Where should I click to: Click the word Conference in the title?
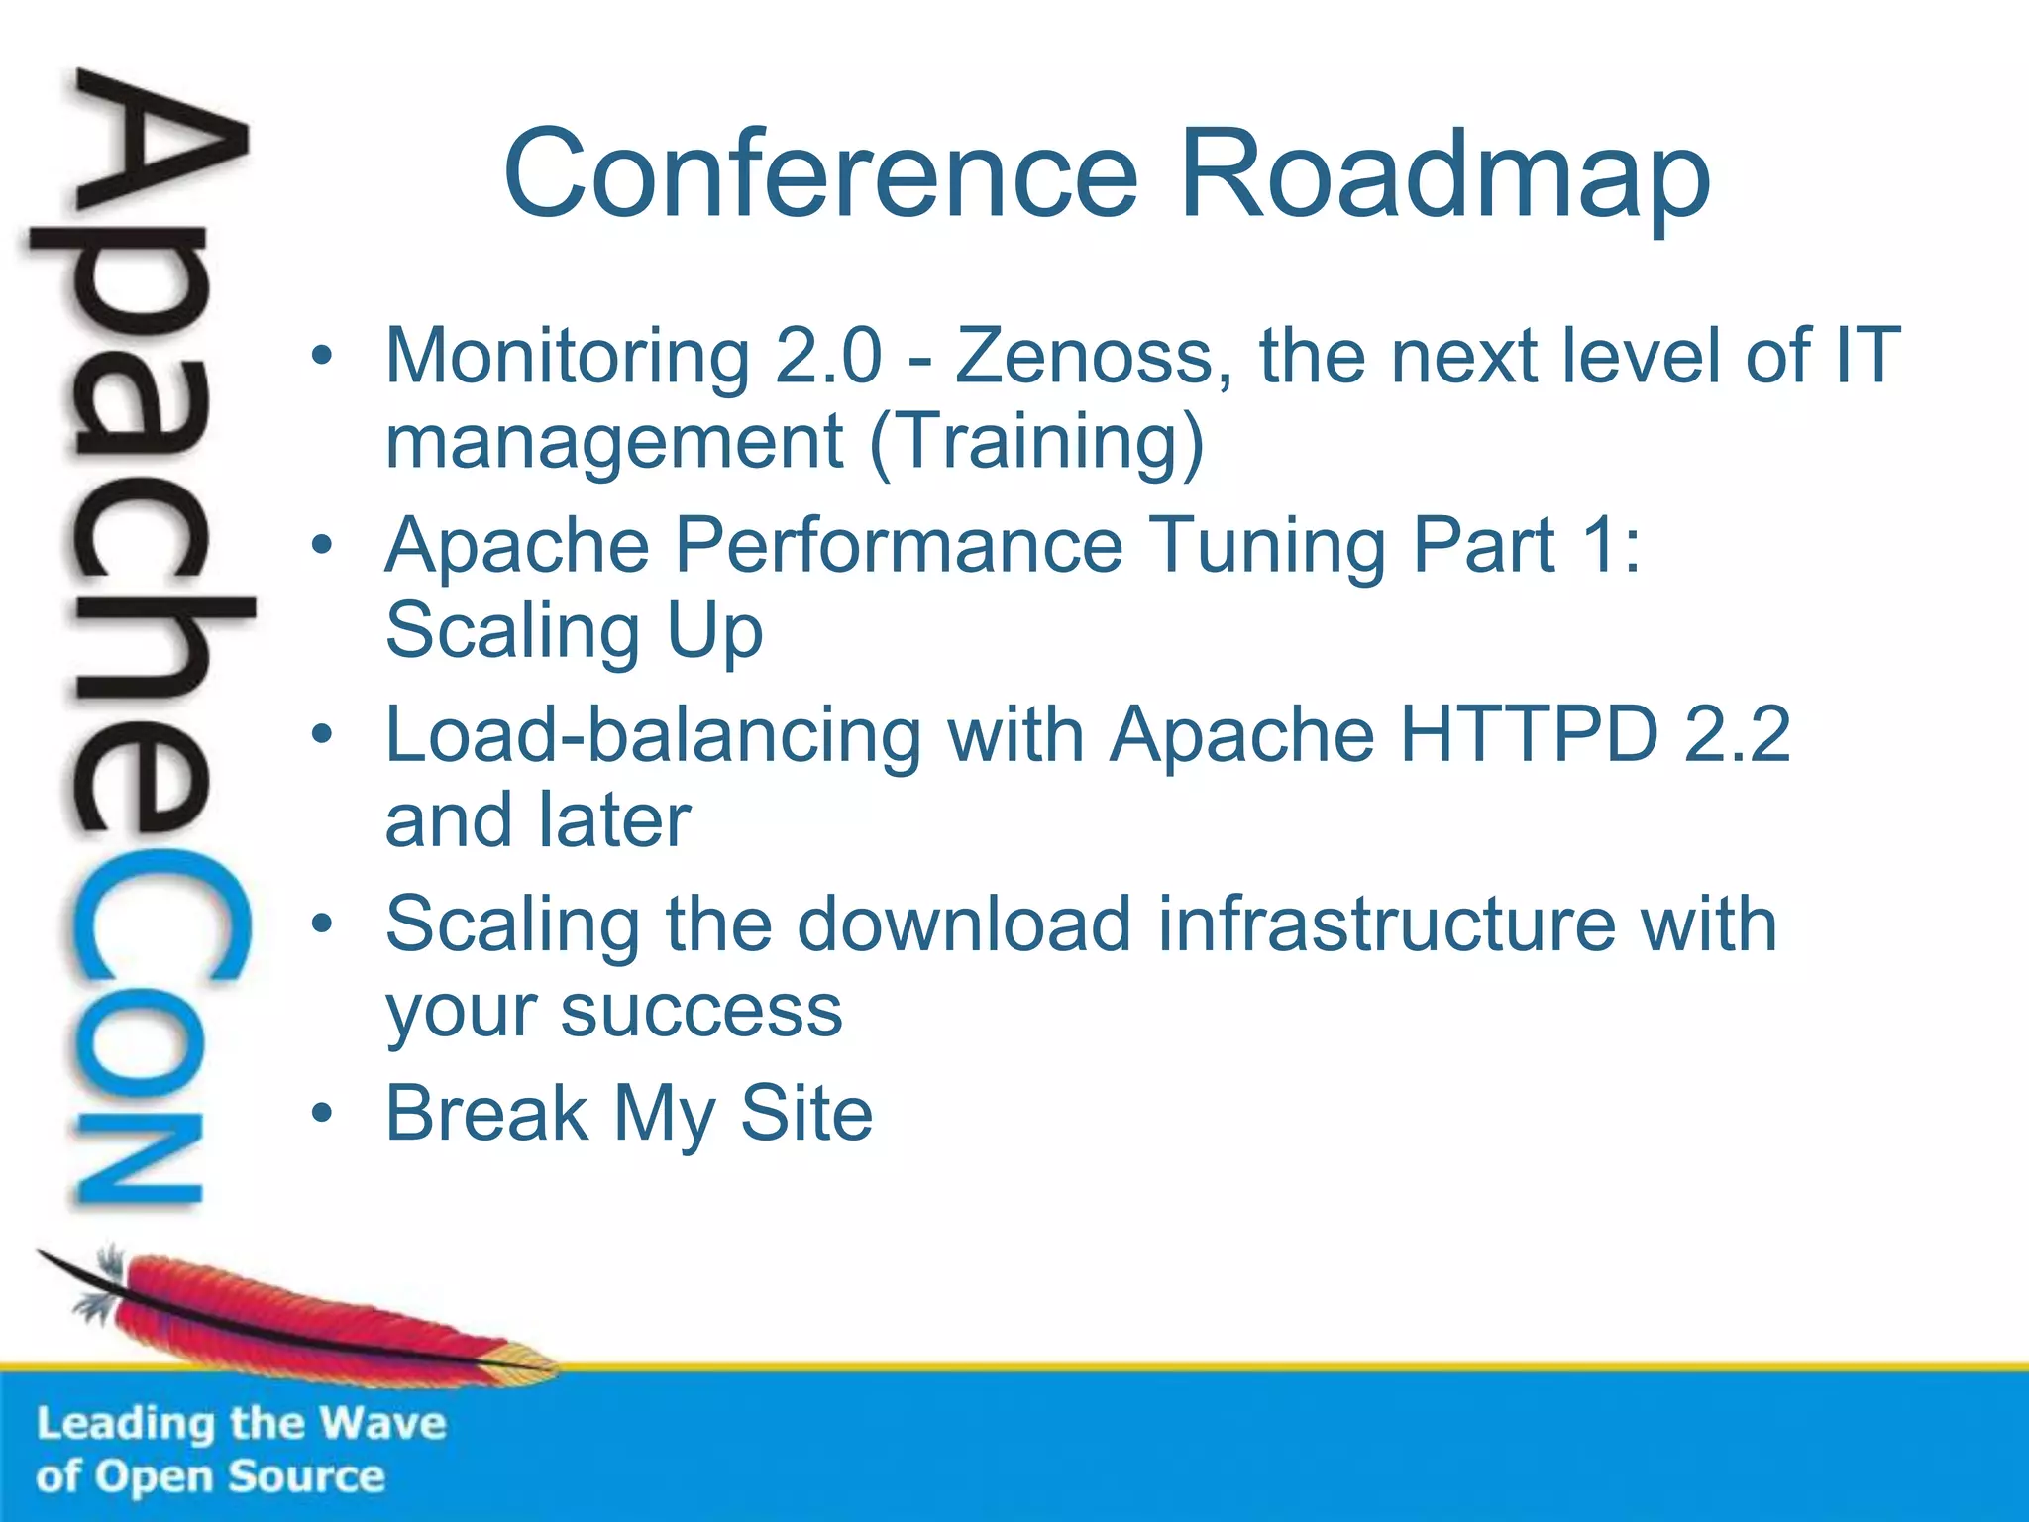point(821,173)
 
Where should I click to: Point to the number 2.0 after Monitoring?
point(828,356)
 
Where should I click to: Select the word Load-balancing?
point(653,736)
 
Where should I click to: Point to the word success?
point(701,1011)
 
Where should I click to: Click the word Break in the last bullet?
point(487,1113)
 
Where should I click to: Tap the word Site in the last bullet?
point(806,1113)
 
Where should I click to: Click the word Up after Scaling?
point(714,631)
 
